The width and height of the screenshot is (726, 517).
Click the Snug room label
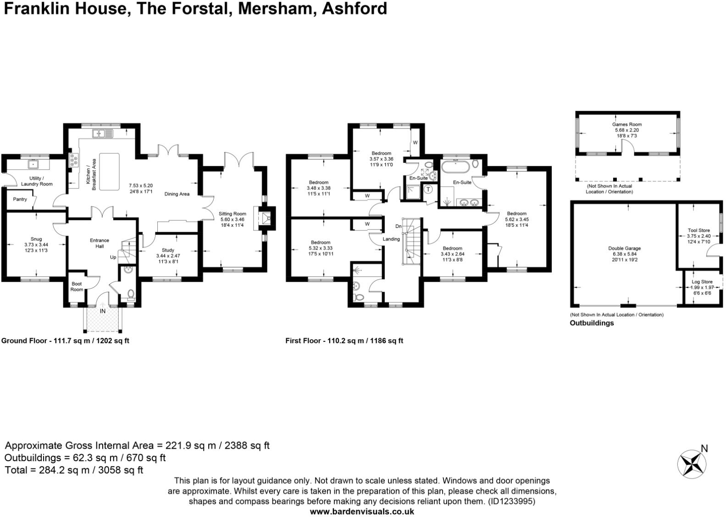point(36,239)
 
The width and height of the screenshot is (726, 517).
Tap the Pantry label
point(20,199)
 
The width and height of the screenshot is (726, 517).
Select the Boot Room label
point(77,286)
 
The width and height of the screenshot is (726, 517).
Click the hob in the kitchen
point(73,160)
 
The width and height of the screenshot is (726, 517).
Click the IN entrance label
point(103,311)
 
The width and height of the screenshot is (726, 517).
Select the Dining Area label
point(177,194)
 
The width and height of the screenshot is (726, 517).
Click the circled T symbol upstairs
point(428,189)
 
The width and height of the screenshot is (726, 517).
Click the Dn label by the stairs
point(399,226)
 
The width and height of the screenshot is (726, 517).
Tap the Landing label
point(391,239)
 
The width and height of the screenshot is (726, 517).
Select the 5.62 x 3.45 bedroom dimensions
point(516,219)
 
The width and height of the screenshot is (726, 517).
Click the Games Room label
point(626,124)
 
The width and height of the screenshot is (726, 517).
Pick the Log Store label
point(702,282)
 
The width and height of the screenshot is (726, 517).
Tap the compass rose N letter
point(704,448)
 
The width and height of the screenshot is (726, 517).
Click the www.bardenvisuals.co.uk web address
point(362,511)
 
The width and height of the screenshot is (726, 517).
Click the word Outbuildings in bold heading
point(591,323)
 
